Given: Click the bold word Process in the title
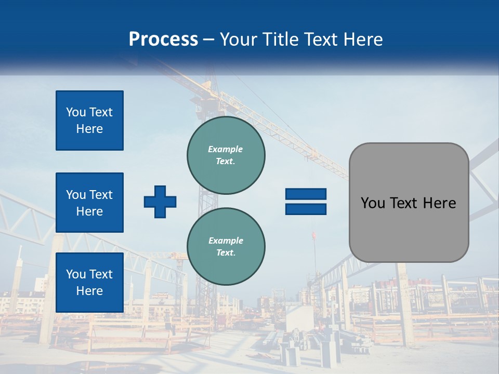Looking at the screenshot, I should click(x=163, y=39).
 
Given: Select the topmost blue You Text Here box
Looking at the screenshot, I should click(x=89, y=121).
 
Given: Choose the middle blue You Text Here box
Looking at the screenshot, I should click(x=89, y=203).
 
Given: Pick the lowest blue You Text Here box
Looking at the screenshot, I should click(x=89, y=282).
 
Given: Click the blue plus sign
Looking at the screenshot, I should click(x=160, y=202).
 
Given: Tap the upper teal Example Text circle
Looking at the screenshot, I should click(x=226, y=155).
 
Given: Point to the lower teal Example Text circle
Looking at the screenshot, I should click(x=226, y=246).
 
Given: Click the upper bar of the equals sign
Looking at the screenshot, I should click(x=306, y=194).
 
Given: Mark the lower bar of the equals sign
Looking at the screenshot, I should click(x=306, y=209).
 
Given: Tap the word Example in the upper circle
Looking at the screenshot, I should click(x=226, y=149).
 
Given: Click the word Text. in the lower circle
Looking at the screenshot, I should click(x=226, y=253).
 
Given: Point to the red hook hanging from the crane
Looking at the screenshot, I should click(x=313, y=236).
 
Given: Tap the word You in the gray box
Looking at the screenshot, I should click(x=372, y=203).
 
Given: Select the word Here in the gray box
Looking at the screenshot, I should click(x=439, y=203).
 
